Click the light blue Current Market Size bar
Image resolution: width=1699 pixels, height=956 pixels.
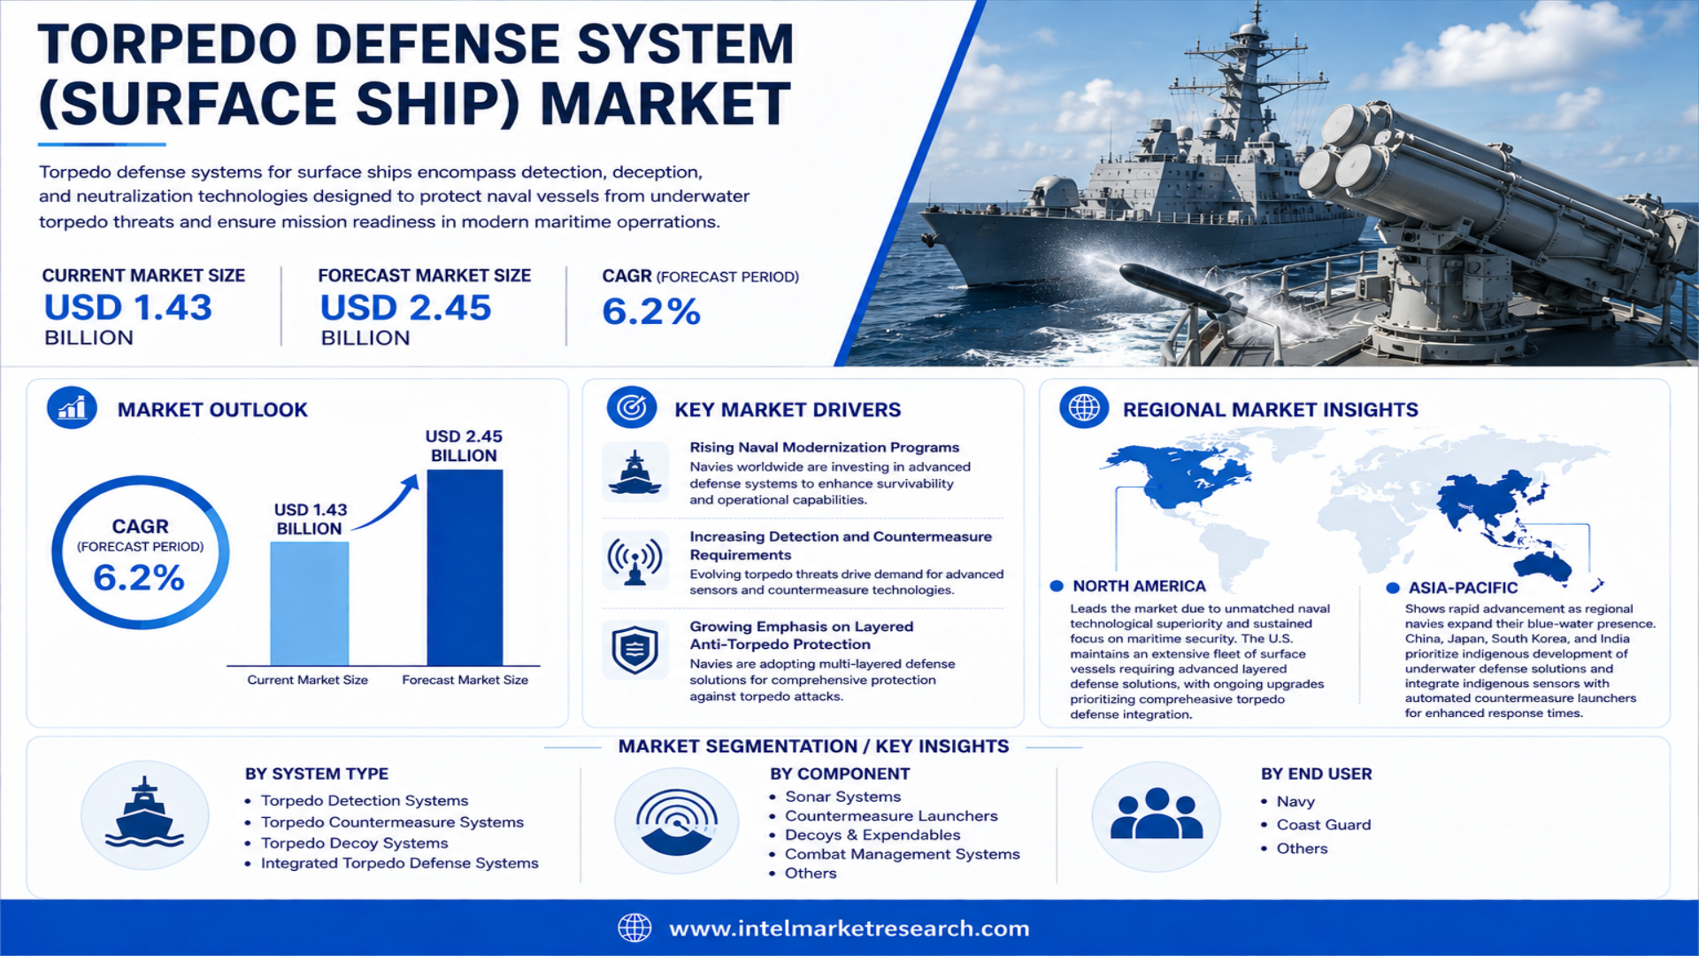point(309,603)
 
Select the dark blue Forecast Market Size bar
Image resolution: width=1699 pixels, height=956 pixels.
point(465,567)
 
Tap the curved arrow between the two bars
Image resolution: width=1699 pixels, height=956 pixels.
point(387,504)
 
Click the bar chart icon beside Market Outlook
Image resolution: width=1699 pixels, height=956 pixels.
point(72,408)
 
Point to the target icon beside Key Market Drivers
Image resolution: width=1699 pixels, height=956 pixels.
point(632,408)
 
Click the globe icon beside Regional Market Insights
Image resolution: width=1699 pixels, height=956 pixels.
point(1084,408)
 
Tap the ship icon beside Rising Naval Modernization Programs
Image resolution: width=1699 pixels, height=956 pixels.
point(634,472)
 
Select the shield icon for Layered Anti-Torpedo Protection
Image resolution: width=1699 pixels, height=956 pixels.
point(634,651)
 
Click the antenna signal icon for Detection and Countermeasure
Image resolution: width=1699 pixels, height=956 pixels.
point(634,560)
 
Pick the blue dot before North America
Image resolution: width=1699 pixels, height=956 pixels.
point(1057,586)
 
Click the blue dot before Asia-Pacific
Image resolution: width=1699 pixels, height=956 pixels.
point(1393,588)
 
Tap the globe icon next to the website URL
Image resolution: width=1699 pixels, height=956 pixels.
point(634,928)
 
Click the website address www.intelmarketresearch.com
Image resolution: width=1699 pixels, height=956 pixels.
point(849,929)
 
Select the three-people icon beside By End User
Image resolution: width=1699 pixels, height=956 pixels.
point(1157,814)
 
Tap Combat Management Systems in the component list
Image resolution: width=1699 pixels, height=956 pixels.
point(903,854)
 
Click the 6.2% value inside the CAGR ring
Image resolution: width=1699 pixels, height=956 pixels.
point(139,578)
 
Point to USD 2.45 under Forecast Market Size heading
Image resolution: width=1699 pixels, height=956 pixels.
point(405,308)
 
